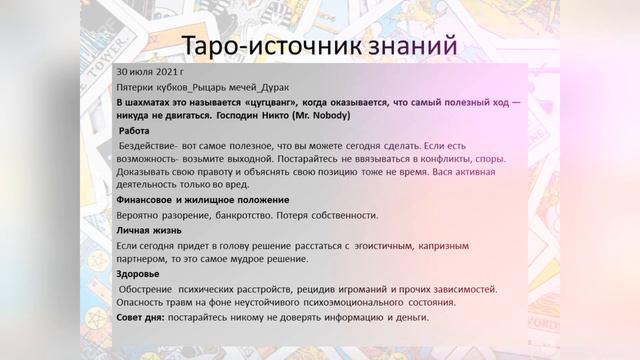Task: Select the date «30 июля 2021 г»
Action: (x=150, y=74)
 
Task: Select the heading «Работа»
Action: (x=135, y=131)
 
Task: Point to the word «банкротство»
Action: (x=257, y=215)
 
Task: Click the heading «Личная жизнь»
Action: (x=151, y=230)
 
